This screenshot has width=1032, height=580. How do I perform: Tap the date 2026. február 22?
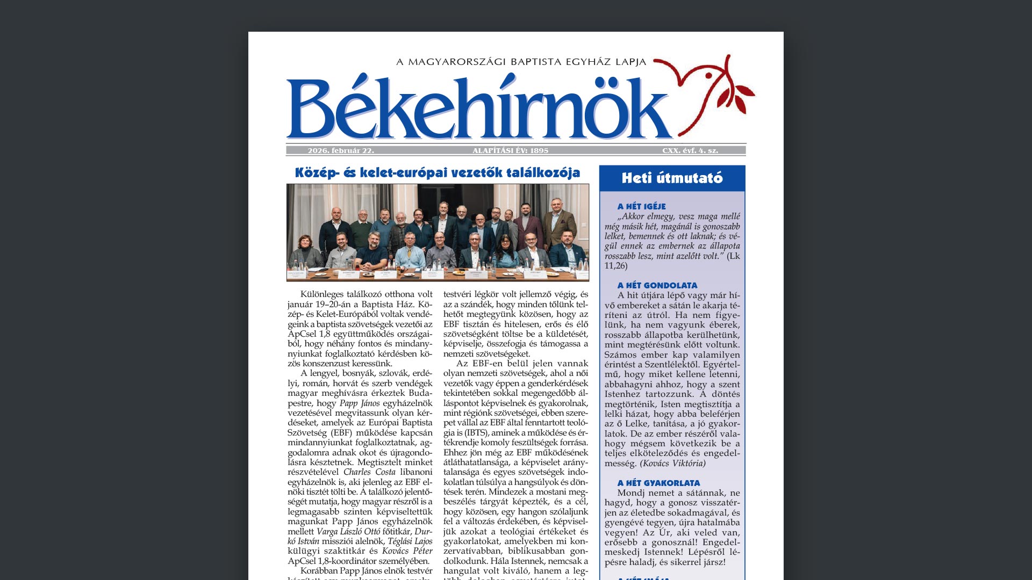[x=341, y=150]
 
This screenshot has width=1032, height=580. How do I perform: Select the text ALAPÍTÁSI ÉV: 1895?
[x=511, y=150]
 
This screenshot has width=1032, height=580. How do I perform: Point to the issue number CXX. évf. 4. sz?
[x=690, y=150]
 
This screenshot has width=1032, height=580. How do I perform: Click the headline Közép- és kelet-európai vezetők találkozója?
[x=438, y=172]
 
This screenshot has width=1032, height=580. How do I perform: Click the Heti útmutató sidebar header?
[x=672, y=178]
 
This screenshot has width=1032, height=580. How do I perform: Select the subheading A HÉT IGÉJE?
[x=641, y=206]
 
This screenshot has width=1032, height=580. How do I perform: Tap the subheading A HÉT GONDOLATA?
[x=657, y=285]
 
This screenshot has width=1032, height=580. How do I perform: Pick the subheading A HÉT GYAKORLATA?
[x=658, y=483]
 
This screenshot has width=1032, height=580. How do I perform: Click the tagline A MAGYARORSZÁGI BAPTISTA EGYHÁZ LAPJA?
[x=521, y=62]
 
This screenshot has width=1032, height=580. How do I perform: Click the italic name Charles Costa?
[x=369, y=472]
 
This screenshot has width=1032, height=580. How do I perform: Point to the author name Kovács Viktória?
[x=672, y=463]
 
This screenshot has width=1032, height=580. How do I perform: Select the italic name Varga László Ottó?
[x=348, y=531]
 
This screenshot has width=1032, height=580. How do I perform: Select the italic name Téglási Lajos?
[x=410, y=541]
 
